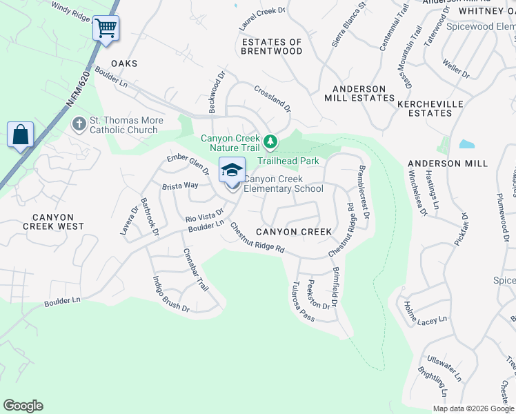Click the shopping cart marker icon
(106, 29)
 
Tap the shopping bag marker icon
(21, 134)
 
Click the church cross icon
(79, 125)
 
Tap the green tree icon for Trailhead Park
(271, 143)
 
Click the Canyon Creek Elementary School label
(284, 184)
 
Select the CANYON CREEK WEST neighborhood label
(53, 221)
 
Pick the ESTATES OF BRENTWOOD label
(272, 47)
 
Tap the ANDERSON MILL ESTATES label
(359, 94)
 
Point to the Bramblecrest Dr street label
(363, 193)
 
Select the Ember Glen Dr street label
(188, 166)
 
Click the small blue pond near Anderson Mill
(466, 145)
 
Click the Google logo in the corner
(23, 406)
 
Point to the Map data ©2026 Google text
(473, 408)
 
